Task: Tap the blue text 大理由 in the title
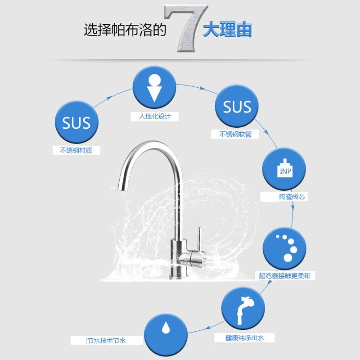click(x=227, y=30)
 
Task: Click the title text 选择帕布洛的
click(x=125, y=30)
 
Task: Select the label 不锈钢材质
click(x=76, y=150)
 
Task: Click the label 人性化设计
click(x=154, y=117)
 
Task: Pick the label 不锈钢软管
click(x=235, y=134)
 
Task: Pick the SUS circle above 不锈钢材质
click(x=76, y=122)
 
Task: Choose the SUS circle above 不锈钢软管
click(x=237, y=107)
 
